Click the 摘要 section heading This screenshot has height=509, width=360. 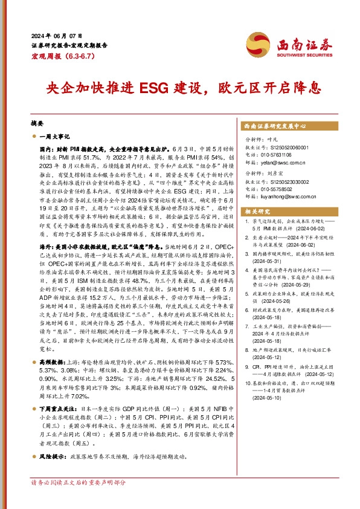click(38, 121)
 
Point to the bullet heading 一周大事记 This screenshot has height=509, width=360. click(55, 137)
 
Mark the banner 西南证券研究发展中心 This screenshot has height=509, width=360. click(274, 127)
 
